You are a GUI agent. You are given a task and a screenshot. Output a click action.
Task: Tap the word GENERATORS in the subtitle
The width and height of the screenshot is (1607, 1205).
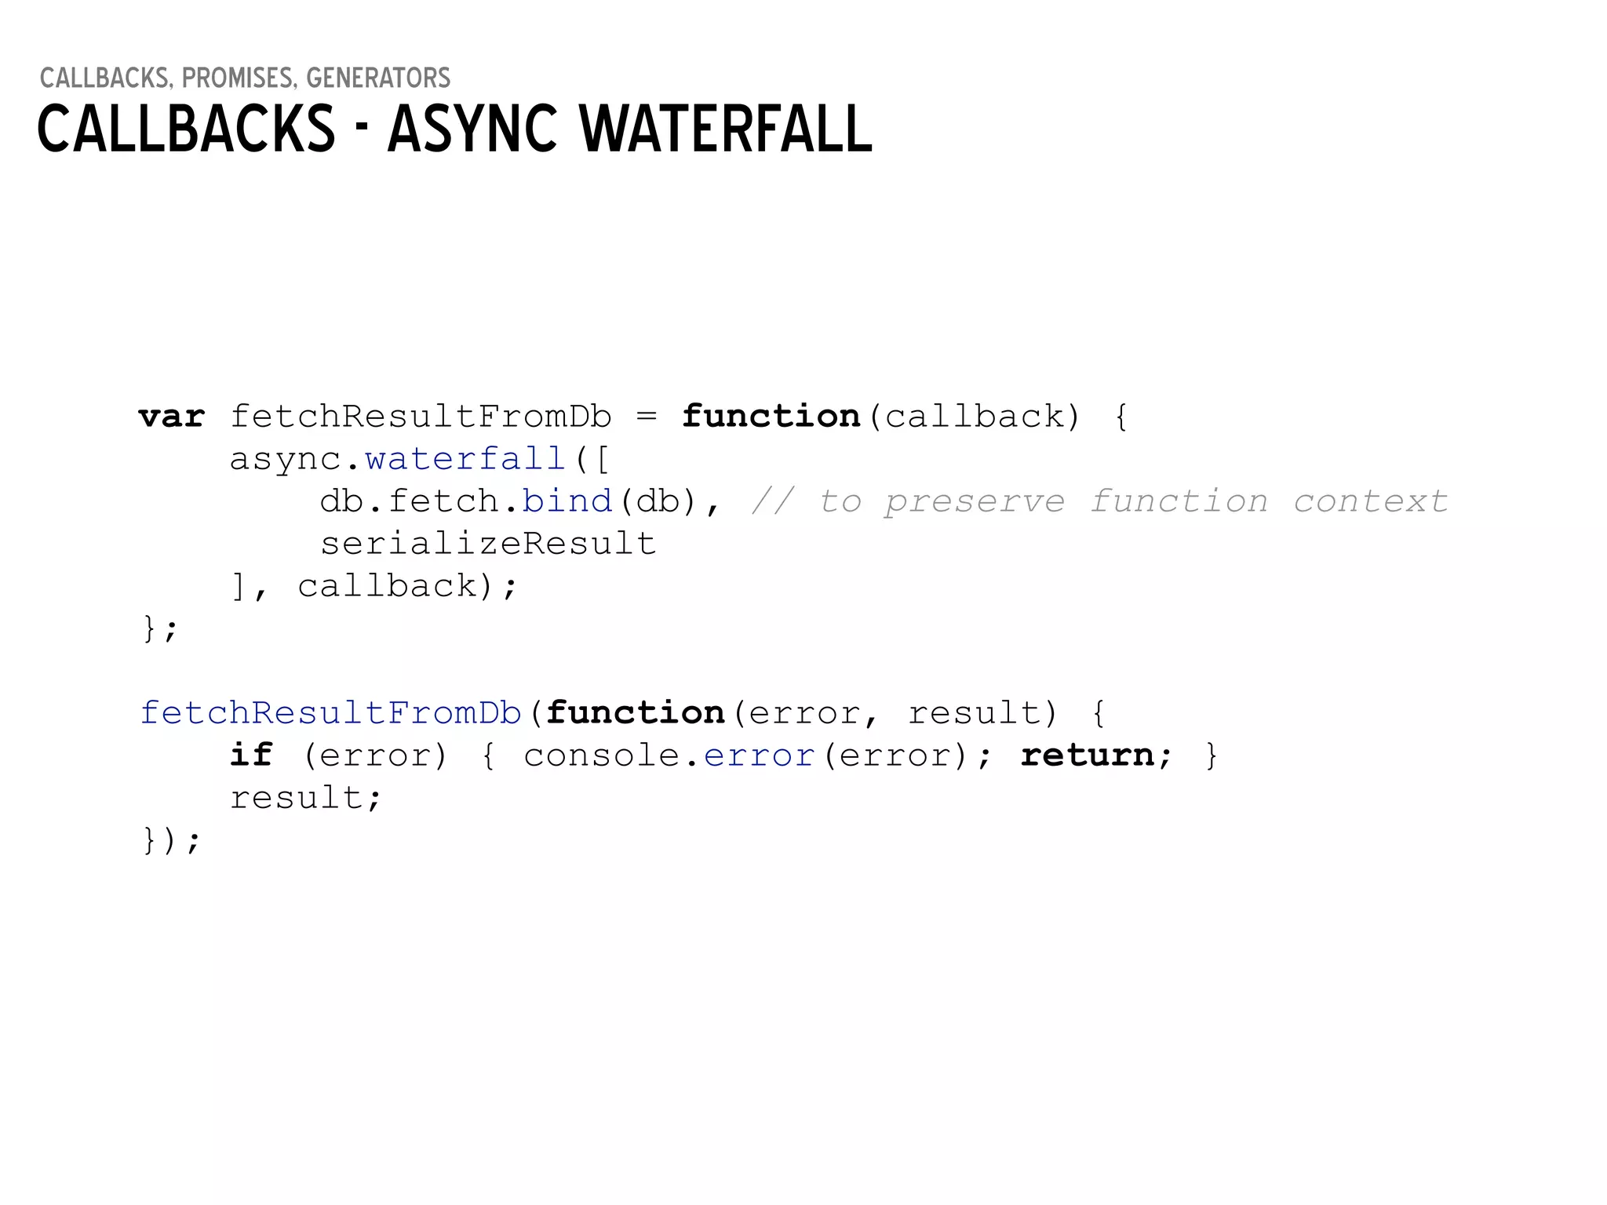click(378, 78)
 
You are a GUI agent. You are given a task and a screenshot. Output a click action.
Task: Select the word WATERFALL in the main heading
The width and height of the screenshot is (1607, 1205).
click(726, 129)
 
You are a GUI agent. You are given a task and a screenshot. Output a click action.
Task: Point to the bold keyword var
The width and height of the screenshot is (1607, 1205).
click(172, 417)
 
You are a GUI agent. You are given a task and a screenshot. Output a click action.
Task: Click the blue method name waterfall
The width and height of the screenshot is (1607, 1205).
click(465, 459)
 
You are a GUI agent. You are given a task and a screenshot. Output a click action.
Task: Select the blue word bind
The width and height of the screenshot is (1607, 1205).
click(567, 501)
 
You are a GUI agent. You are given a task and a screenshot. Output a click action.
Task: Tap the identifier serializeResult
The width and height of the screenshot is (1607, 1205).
click(488, 544)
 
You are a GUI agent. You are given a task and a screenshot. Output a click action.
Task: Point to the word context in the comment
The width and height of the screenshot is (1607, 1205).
click(1370, 501)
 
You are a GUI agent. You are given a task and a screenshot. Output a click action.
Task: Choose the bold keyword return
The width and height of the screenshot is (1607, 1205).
click(1088, 755)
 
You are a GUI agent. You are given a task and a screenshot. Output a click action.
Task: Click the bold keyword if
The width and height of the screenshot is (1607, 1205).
click(251, 755)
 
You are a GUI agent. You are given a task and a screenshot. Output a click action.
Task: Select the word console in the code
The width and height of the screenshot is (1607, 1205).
click(602, 755)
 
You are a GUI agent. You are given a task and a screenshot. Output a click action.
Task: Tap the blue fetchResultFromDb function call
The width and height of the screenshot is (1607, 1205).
click(331, 713)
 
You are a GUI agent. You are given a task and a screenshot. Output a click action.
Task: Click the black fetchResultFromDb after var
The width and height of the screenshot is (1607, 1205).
click(421, 417)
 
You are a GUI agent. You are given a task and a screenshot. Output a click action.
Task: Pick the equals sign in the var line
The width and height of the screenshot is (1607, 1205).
click(647, 417)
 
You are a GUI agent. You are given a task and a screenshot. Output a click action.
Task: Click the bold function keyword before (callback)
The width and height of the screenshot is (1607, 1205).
click(771, 417)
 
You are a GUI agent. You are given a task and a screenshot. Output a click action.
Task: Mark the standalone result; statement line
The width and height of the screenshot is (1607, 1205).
click(305, 798)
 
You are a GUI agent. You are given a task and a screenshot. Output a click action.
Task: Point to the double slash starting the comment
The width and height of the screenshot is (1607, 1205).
click(773, 501)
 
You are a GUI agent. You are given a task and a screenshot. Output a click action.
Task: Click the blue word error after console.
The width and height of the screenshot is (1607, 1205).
click(759, 755)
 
